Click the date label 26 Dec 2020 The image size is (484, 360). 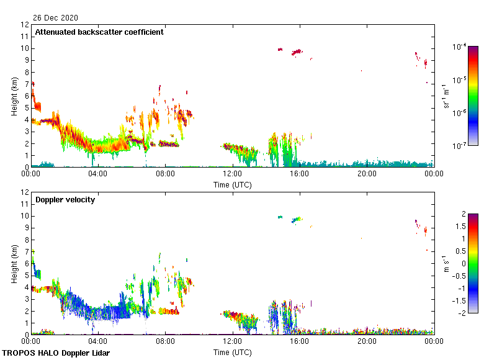[x=56, y=17]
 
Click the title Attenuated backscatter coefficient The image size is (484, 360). [x=99, y=32]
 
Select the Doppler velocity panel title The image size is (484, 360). [x=65, y=200]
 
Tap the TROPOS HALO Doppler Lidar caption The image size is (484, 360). [x=53, y=353]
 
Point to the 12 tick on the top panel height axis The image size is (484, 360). [x=25, y=25]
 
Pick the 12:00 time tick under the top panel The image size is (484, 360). [x=232, y=174]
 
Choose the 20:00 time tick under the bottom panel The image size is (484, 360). [x=366, y=341]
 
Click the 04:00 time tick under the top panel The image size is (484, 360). [x=98, y=174]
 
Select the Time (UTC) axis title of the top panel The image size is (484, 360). [x=232, y=184]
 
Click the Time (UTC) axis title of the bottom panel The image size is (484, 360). [x=232, y=352]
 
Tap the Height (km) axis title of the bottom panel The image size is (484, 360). [x=14, y=264]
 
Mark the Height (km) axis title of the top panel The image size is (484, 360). [x=14, y=96]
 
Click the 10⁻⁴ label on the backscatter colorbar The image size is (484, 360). [x=459, y=47]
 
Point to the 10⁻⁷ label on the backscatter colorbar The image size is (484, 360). [x=459, y=146]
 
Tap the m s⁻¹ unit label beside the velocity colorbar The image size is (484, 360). [x=446, y=264]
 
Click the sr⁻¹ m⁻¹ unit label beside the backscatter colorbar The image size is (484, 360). [x=446, y=96]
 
